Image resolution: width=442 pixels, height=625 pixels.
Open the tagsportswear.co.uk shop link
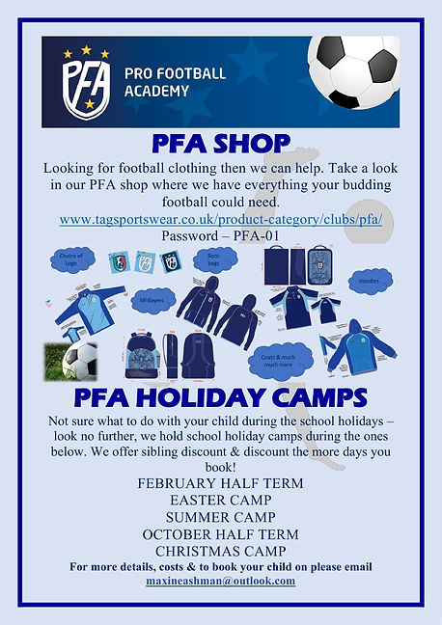pos(220,219)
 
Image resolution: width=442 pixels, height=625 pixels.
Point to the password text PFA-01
pos(220,235)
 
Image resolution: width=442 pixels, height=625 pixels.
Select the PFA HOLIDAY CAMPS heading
pos(220,397)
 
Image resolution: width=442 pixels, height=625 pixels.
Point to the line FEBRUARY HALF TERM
pos(220,482)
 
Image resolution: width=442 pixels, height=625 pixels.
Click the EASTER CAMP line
pos(220,500)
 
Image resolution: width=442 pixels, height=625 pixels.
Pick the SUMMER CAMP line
pos(220,517)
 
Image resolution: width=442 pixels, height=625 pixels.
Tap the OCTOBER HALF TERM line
pos(220,533)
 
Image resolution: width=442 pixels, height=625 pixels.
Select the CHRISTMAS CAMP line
pos(220,550)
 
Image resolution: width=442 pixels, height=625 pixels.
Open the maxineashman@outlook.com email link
pos(220,581)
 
